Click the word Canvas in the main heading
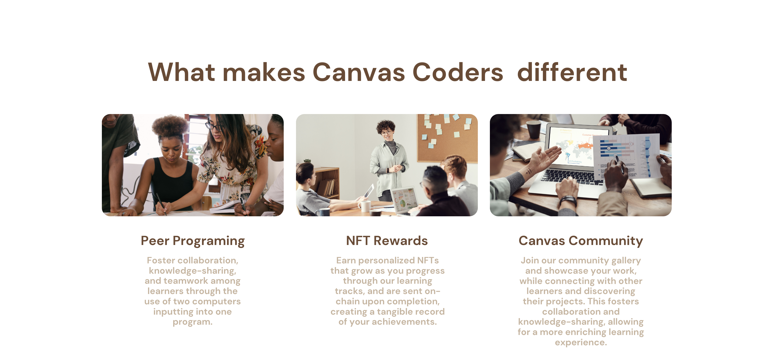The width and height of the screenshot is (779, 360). click(x=358, y=73)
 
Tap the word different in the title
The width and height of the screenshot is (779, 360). click(x=572, y=73)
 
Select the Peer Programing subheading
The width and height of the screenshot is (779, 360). click(x=193, y=241)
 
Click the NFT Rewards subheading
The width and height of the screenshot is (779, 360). click(x=387, y=241)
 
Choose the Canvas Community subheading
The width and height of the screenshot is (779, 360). click(x=581, y=241)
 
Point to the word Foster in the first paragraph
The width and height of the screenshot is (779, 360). click(x=161, y=260)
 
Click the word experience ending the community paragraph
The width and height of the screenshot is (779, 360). click(x=581, y=343)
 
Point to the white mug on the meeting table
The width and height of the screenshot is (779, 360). click(x=364, y=206)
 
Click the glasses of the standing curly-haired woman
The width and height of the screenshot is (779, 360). click(x=387, y=132)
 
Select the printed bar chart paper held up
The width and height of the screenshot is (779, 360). click(x=626, y=156)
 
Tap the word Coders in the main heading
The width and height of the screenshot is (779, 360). click(x=457, y=73)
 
